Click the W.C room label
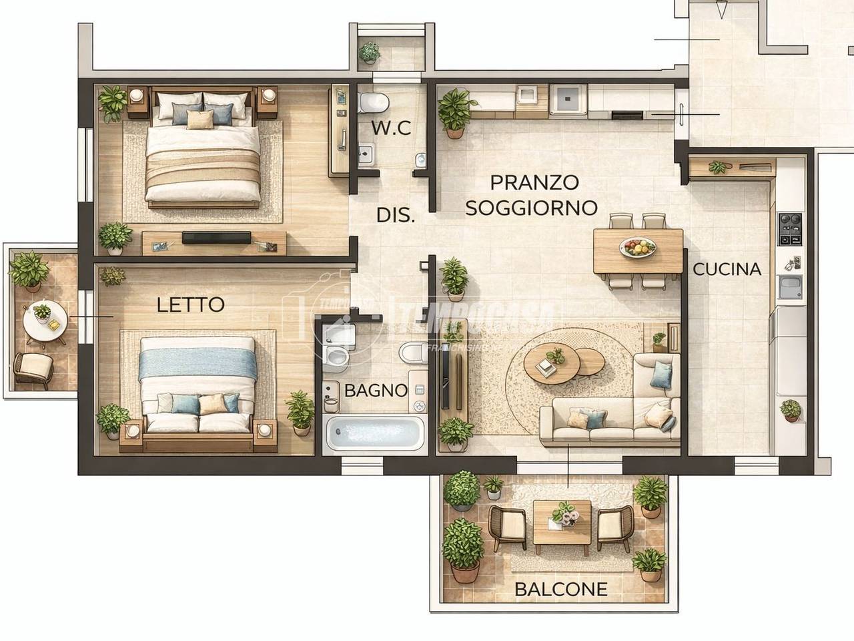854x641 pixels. coord(392,128)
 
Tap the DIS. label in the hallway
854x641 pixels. coord(396,215)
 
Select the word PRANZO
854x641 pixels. coord(534,182)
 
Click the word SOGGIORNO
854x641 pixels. coord(532,208)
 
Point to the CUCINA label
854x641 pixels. coord(727,269)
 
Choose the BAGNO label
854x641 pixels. coord(376,391)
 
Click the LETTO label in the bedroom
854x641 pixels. coord(191,304)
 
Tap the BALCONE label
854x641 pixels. coord(561,590)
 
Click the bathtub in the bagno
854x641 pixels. coord(374,433)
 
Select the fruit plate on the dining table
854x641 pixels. coord(638,247)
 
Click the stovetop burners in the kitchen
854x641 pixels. coord(790,229)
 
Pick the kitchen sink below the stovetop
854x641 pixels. coord(790,287)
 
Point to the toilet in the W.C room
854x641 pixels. coord(374,103)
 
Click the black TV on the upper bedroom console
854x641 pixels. coord(216,238)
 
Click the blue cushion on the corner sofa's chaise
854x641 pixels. coord(661,375)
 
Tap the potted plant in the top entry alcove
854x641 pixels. coord(369,53)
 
